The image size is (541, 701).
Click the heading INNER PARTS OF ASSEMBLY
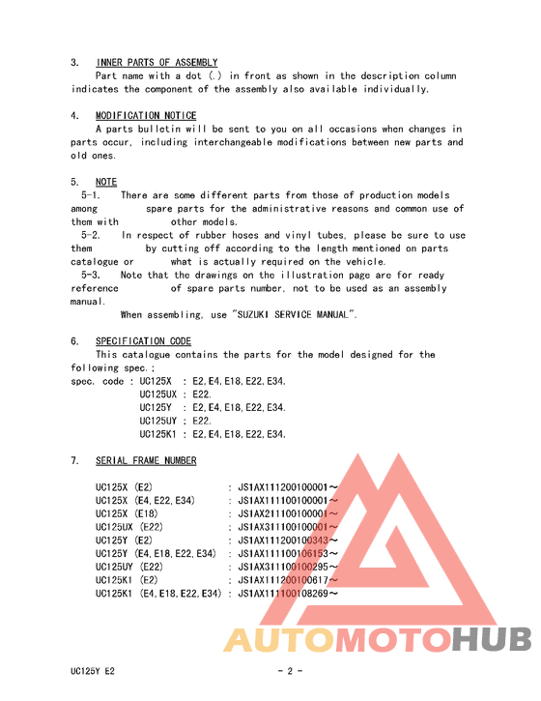(x=157, y=63)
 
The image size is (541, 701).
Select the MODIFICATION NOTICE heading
(x=146, y=116)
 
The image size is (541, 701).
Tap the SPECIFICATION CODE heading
(x=143, y=341)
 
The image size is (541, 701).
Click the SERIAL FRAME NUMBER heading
(x=146, y=460)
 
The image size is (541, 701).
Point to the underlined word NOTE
(x=106, y=182)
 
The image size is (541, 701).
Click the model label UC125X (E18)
(x=127, y=513)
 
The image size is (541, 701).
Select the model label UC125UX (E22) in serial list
(x=129, y=527)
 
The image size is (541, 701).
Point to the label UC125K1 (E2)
(x=128, y=580)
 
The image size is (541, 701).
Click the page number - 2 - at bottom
(x=290, y=670)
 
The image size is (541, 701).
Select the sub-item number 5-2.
(x=91, y=235)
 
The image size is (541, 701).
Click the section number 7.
(x=74, y=460)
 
